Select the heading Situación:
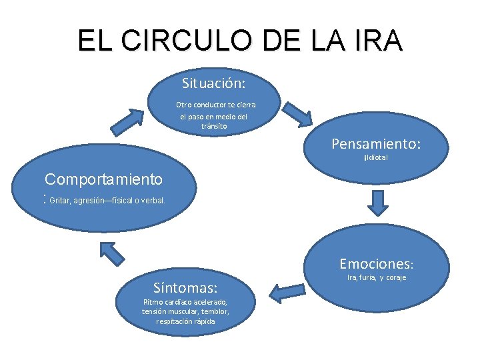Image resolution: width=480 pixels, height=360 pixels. click(213, 84)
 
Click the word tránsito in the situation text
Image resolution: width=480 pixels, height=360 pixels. click(214, 126)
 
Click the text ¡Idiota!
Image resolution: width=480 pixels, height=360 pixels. click(376, 159)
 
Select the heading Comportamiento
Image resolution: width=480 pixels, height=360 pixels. click(103, 179)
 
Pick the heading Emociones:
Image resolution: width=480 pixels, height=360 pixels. click(377, 264)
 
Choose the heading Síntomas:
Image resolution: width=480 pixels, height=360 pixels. click(185, 288)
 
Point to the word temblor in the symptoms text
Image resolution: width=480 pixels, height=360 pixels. click(213, 311)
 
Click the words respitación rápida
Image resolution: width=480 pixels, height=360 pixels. click(185, 321)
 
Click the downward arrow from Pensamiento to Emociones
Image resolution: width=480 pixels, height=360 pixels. click(378, 202)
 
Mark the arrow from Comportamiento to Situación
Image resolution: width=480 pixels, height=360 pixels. click(127, 121)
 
